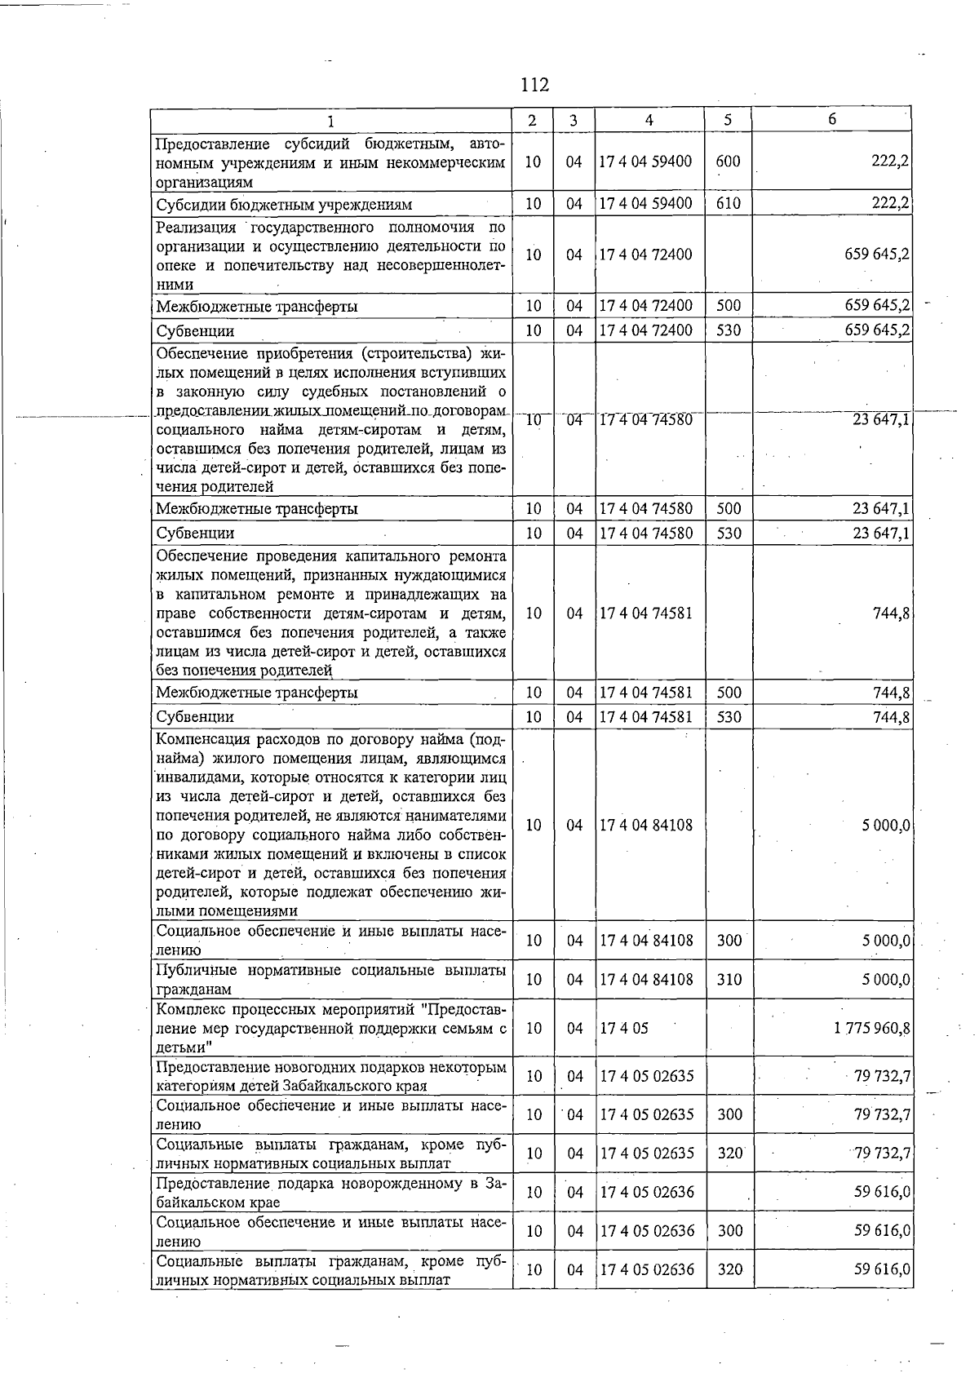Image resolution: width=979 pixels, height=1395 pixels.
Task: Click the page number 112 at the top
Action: pos(534,85)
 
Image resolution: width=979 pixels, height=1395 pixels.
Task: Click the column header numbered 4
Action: pos(649,120)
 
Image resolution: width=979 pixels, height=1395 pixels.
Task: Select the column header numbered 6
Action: pos(831,119)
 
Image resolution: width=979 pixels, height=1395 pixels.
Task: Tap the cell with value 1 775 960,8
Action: pos(871,1028)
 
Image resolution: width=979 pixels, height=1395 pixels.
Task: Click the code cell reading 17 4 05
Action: pos(624,1028)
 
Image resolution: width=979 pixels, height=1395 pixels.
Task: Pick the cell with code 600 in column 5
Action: pos(728,162)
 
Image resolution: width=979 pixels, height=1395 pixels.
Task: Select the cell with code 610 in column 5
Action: pos(728,204)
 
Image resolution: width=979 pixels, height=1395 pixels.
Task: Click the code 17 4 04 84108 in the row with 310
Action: pos(645,980)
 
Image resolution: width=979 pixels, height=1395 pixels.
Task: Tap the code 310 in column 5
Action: pos(729,980)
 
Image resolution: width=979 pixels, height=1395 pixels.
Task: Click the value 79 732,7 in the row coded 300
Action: pos(882,1115)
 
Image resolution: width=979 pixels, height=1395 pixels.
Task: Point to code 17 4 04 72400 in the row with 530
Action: pos(645,330)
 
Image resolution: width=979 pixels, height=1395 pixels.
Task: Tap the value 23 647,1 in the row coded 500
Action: pos(882,509)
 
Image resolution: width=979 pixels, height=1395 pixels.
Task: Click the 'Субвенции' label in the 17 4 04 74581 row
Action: pos(195,717)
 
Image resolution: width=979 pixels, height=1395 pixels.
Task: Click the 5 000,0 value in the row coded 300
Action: pos(886,941)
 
